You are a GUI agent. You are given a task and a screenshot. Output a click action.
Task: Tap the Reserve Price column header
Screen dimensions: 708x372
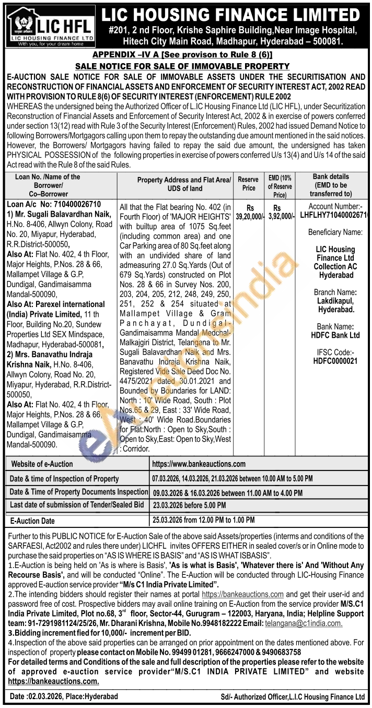click(x=248, y=184)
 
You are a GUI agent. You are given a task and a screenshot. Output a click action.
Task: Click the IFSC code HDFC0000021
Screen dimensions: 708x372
click(x=335, y=361)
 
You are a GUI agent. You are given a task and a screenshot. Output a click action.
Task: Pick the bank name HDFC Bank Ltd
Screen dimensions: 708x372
click(x=335, y=335)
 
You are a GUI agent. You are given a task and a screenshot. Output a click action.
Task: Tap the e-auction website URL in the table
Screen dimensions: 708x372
click(x=199, y=464)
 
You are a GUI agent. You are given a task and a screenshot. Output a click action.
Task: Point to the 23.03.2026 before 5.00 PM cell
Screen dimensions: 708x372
click(x=189, y=505)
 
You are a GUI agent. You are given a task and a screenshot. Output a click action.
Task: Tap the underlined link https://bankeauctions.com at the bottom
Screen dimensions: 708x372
click(x=54, y=681)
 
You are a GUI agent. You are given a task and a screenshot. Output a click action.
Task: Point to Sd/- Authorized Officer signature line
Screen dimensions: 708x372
click(x=293, y=697)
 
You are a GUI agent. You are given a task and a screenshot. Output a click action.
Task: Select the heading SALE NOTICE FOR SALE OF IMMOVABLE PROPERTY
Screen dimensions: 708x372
click(x=182, y=66)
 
